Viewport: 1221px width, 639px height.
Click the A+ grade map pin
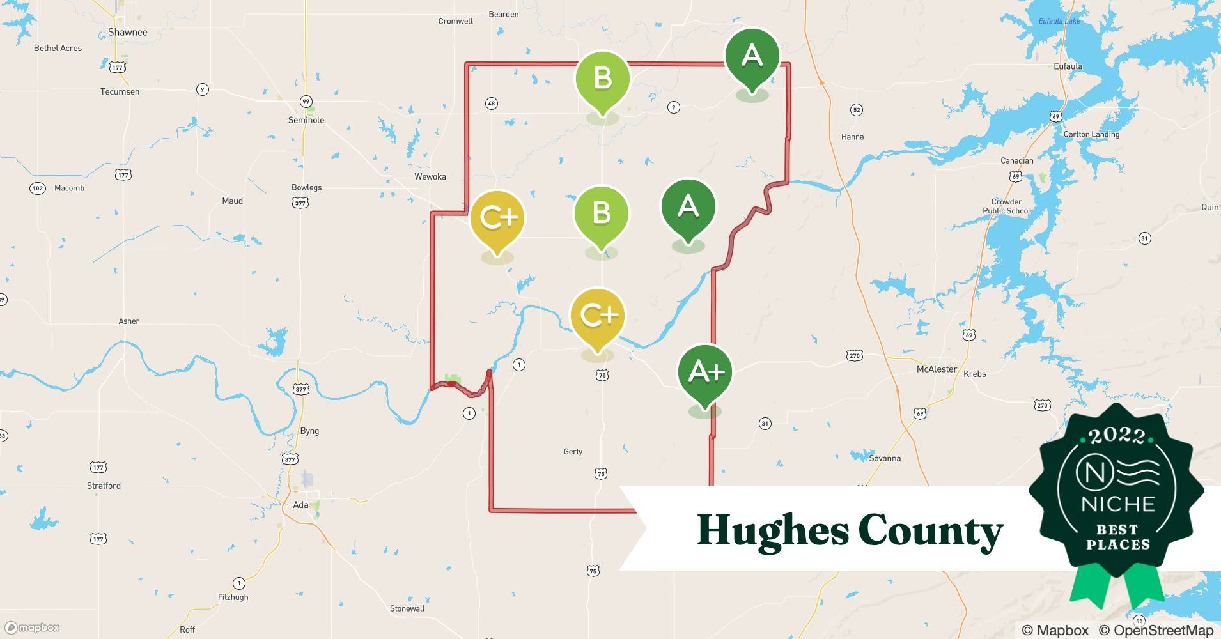705,373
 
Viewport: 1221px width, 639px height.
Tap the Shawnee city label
128,32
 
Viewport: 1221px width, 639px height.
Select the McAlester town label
937,369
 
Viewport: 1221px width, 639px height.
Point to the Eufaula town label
1068,66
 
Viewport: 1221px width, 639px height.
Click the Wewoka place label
430,176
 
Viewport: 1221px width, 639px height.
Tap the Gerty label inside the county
573,452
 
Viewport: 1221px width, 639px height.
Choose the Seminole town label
306,120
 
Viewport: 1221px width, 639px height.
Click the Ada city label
300,505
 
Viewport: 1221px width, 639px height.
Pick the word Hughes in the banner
772,531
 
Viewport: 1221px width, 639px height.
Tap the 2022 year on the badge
1117,436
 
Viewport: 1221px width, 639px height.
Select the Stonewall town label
407,608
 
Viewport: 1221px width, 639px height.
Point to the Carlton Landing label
1091,134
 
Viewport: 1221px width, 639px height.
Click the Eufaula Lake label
1059,21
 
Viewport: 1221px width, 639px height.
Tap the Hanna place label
852,137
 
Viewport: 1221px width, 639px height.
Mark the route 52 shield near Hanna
857,110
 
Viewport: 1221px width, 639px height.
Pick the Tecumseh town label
120,91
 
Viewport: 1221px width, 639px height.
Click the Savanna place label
885,458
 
